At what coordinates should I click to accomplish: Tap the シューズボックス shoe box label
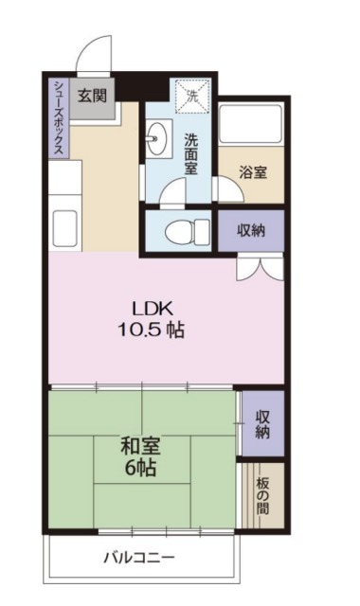[x=58, y=117]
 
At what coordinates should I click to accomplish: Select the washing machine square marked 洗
[x=190, y=96]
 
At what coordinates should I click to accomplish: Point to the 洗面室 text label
[x=191, y=152]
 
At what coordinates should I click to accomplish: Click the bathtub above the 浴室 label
[x=251, y=127]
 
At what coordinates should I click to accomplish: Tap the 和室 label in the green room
[x=138, y=445]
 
